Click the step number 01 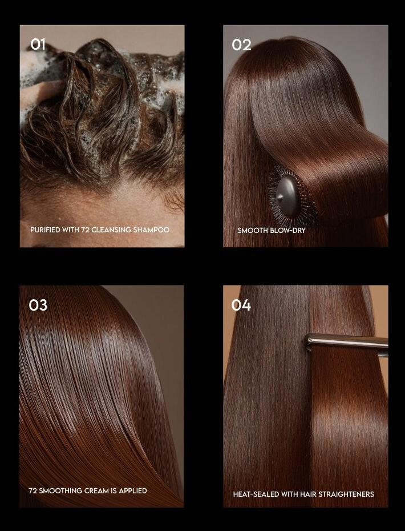[38, 44]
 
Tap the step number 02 [241, 45]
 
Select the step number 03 [38, 305]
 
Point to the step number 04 [241, 305]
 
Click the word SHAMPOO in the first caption [151, 230]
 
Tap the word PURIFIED [45, 230]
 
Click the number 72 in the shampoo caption [85, 230]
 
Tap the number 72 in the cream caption [33, 490]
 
